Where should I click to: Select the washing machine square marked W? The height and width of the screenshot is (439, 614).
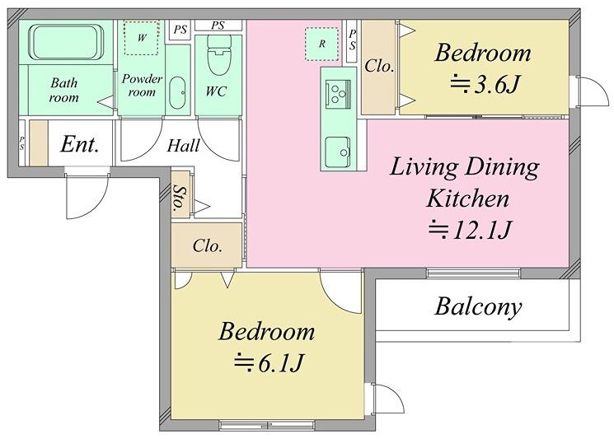tap(142, 38)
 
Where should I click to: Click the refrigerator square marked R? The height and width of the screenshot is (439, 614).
tap(321, 44)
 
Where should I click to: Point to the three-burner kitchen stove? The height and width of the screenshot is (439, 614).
tap(338, 94)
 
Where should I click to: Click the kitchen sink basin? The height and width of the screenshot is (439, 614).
tap(338, 147)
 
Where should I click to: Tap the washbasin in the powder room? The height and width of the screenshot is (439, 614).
tap(177, 93)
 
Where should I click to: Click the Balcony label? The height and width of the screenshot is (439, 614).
tap(478, 306)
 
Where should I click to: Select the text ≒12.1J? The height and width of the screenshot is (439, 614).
tap(470, 230)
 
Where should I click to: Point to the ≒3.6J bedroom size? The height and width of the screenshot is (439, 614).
tap(485, 85)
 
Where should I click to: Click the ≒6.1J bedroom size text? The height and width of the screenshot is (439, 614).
tap(268, 362)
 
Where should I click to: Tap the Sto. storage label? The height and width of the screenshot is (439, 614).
tap(180, 196)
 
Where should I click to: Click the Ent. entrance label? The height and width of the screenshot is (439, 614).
tap(79, 144)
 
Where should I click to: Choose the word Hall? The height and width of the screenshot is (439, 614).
tap(183, 146)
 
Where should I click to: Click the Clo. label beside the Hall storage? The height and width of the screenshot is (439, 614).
tap(208, 246)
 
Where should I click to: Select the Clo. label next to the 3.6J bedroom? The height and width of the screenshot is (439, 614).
tap(379, 66)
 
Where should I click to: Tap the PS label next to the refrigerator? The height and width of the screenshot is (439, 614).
tap(353, 40)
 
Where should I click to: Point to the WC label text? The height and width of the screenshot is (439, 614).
tap(216, 91)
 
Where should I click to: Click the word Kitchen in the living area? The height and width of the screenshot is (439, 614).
tap(468, 198)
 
